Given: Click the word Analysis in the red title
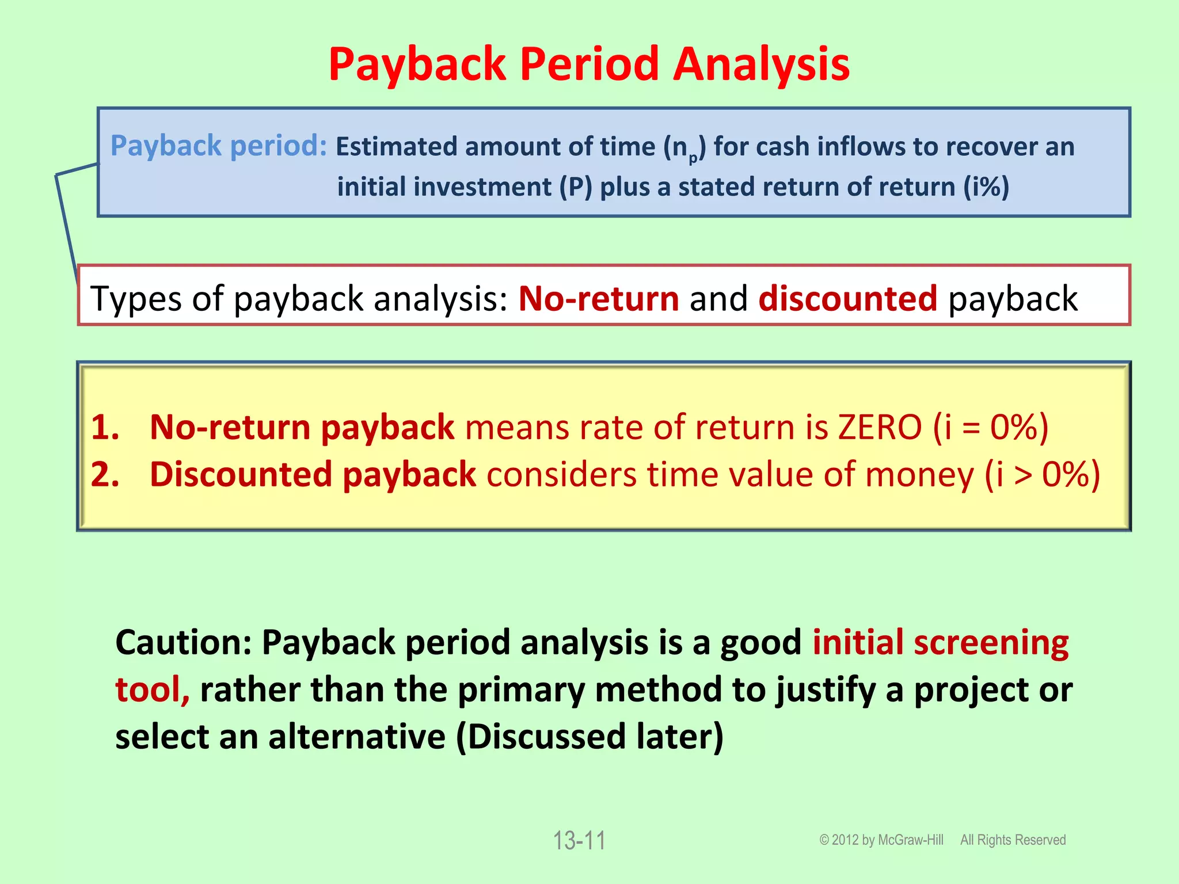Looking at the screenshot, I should [x=761, y=64].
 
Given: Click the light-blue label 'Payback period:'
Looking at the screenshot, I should [x=219, y=146].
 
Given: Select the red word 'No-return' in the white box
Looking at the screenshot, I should [x=599, y=299].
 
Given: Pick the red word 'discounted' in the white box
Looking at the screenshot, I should [x=848, y=299].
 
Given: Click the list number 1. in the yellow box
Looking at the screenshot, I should [x=105, y=428].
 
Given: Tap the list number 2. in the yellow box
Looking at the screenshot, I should [x=105, y=475].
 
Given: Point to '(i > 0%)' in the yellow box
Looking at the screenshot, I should [x=1042, y=475].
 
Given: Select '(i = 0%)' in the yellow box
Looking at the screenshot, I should [x=990, y=428].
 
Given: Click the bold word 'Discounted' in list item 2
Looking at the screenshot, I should [x=241, y=475].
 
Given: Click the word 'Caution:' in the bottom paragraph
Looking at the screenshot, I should [x=183, y=643].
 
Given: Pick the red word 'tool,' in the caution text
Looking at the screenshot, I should [x=152, y=689].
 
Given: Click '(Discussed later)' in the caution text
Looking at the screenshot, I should [x=589, y=737].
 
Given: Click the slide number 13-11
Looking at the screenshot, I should [x=579, y=841].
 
